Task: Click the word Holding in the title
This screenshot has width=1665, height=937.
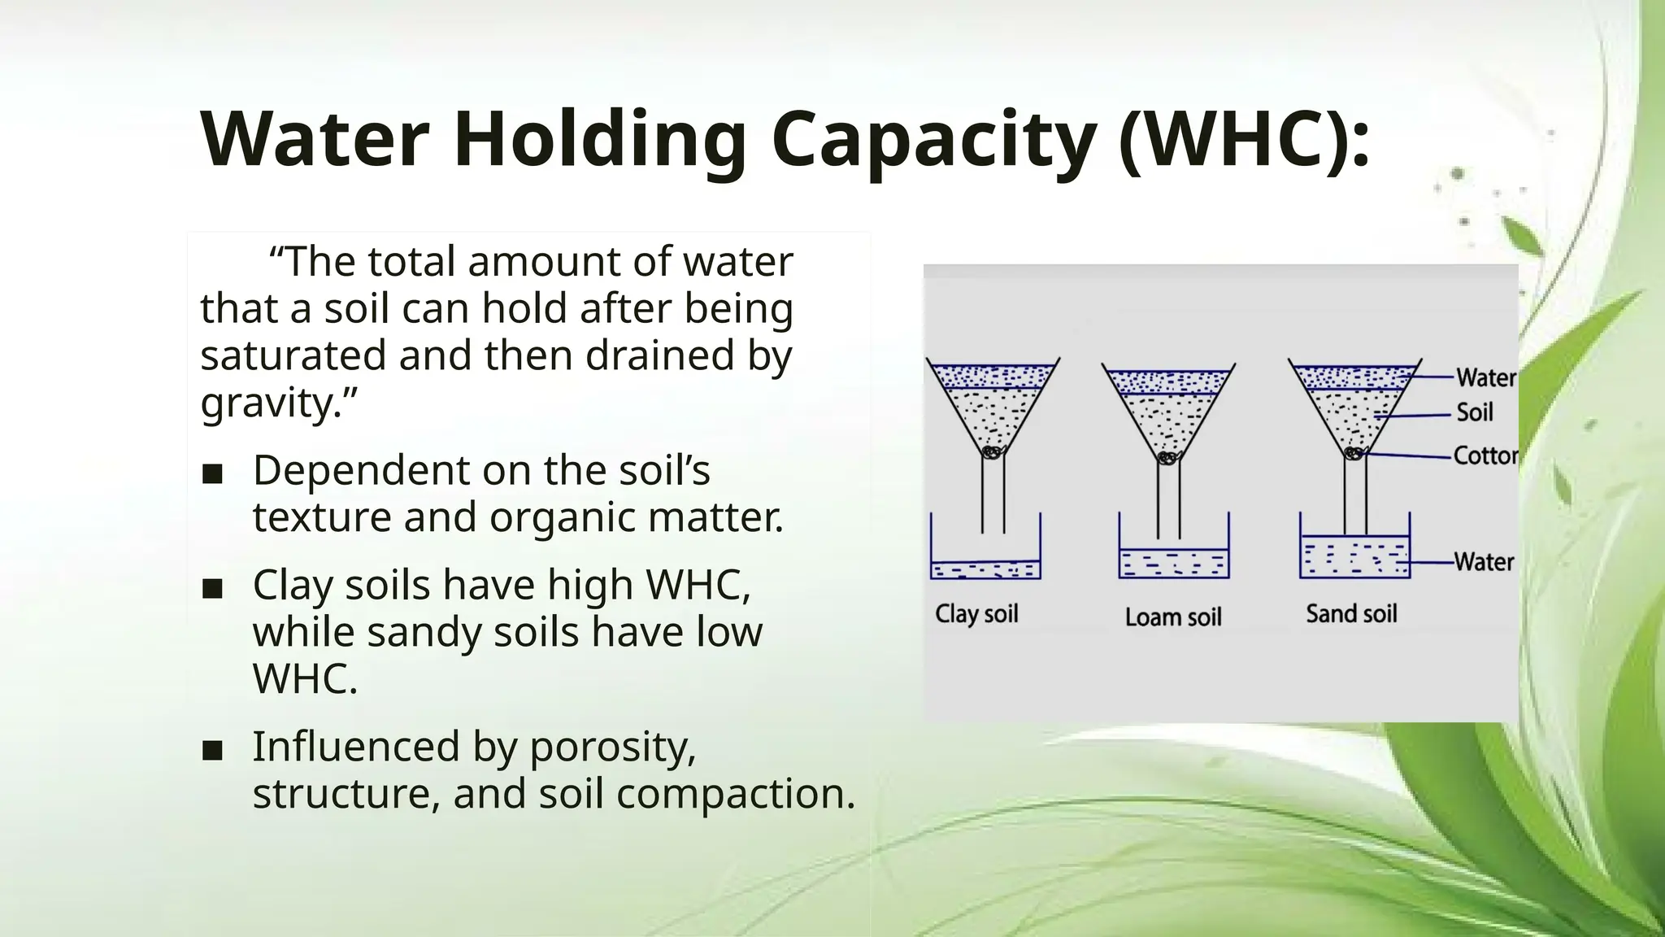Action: (x=600, y=139)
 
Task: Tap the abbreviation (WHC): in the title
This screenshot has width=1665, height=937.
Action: (x=1244, y=139)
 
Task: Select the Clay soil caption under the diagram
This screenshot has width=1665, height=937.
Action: (x=976, y=613)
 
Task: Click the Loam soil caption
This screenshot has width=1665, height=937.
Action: (x=1173, y=617)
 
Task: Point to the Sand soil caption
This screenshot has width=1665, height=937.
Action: (x=1351, y=613)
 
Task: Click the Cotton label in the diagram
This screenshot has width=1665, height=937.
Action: (x=1485, y=455)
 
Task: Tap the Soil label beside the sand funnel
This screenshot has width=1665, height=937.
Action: (x=1474, y=412)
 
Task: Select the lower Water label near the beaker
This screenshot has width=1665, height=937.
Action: (x=1484, y=562)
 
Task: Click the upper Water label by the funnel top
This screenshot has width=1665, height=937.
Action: (x=1485, y=377)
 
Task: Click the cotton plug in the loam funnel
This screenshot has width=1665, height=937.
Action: (x=1168, y=459)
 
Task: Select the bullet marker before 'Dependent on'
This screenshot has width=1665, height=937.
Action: (x=212, y=474)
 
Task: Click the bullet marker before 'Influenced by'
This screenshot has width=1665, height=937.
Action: (x=212, y=750)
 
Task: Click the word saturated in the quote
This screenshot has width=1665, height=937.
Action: (x=293, y=355)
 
